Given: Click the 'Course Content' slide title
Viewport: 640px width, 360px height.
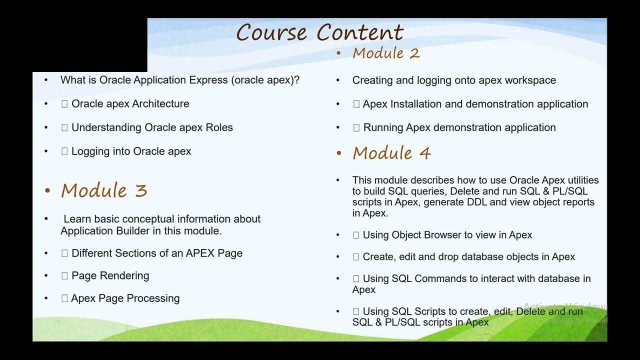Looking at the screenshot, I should coord(319,33).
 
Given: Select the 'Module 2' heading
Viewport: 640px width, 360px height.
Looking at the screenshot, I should coord(386,53).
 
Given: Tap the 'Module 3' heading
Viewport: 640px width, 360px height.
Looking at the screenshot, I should coord(104,190).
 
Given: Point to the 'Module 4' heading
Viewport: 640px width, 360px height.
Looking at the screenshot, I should coord(391,153).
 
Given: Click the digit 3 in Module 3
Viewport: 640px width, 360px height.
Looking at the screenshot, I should coord(141,190).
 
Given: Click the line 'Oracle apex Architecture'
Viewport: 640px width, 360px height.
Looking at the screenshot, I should coord(130,104).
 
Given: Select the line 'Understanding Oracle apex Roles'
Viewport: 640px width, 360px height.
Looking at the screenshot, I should coord(152,127).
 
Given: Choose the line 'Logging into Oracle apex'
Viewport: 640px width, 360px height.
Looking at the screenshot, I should coord(131,151).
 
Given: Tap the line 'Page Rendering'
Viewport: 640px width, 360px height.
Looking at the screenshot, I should coord(110,275).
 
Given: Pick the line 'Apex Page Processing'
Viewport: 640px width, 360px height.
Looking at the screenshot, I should coord(125,298).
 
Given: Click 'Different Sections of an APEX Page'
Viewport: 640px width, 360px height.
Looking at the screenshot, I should coord(156,253).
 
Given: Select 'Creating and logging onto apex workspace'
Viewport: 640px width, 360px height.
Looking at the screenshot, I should coord(454,80).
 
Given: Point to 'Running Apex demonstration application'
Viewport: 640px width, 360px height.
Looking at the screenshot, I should coord(459,127).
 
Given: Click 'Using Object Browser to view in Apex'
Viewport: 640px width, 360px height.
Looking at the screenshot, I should coord(447,235).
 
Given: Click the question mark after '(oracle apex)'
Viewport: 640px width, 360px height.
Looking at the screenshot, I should coord(297,80).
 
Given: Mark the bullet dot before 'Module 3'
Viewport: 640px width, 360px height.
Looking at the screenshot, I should coord(48,191).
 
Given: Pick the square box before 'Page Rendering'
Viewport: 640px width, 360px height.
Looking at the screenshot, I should coord(64,275).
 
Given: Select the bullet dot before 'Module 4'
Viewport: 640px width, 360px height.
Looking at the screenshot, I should coord(339,153).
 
